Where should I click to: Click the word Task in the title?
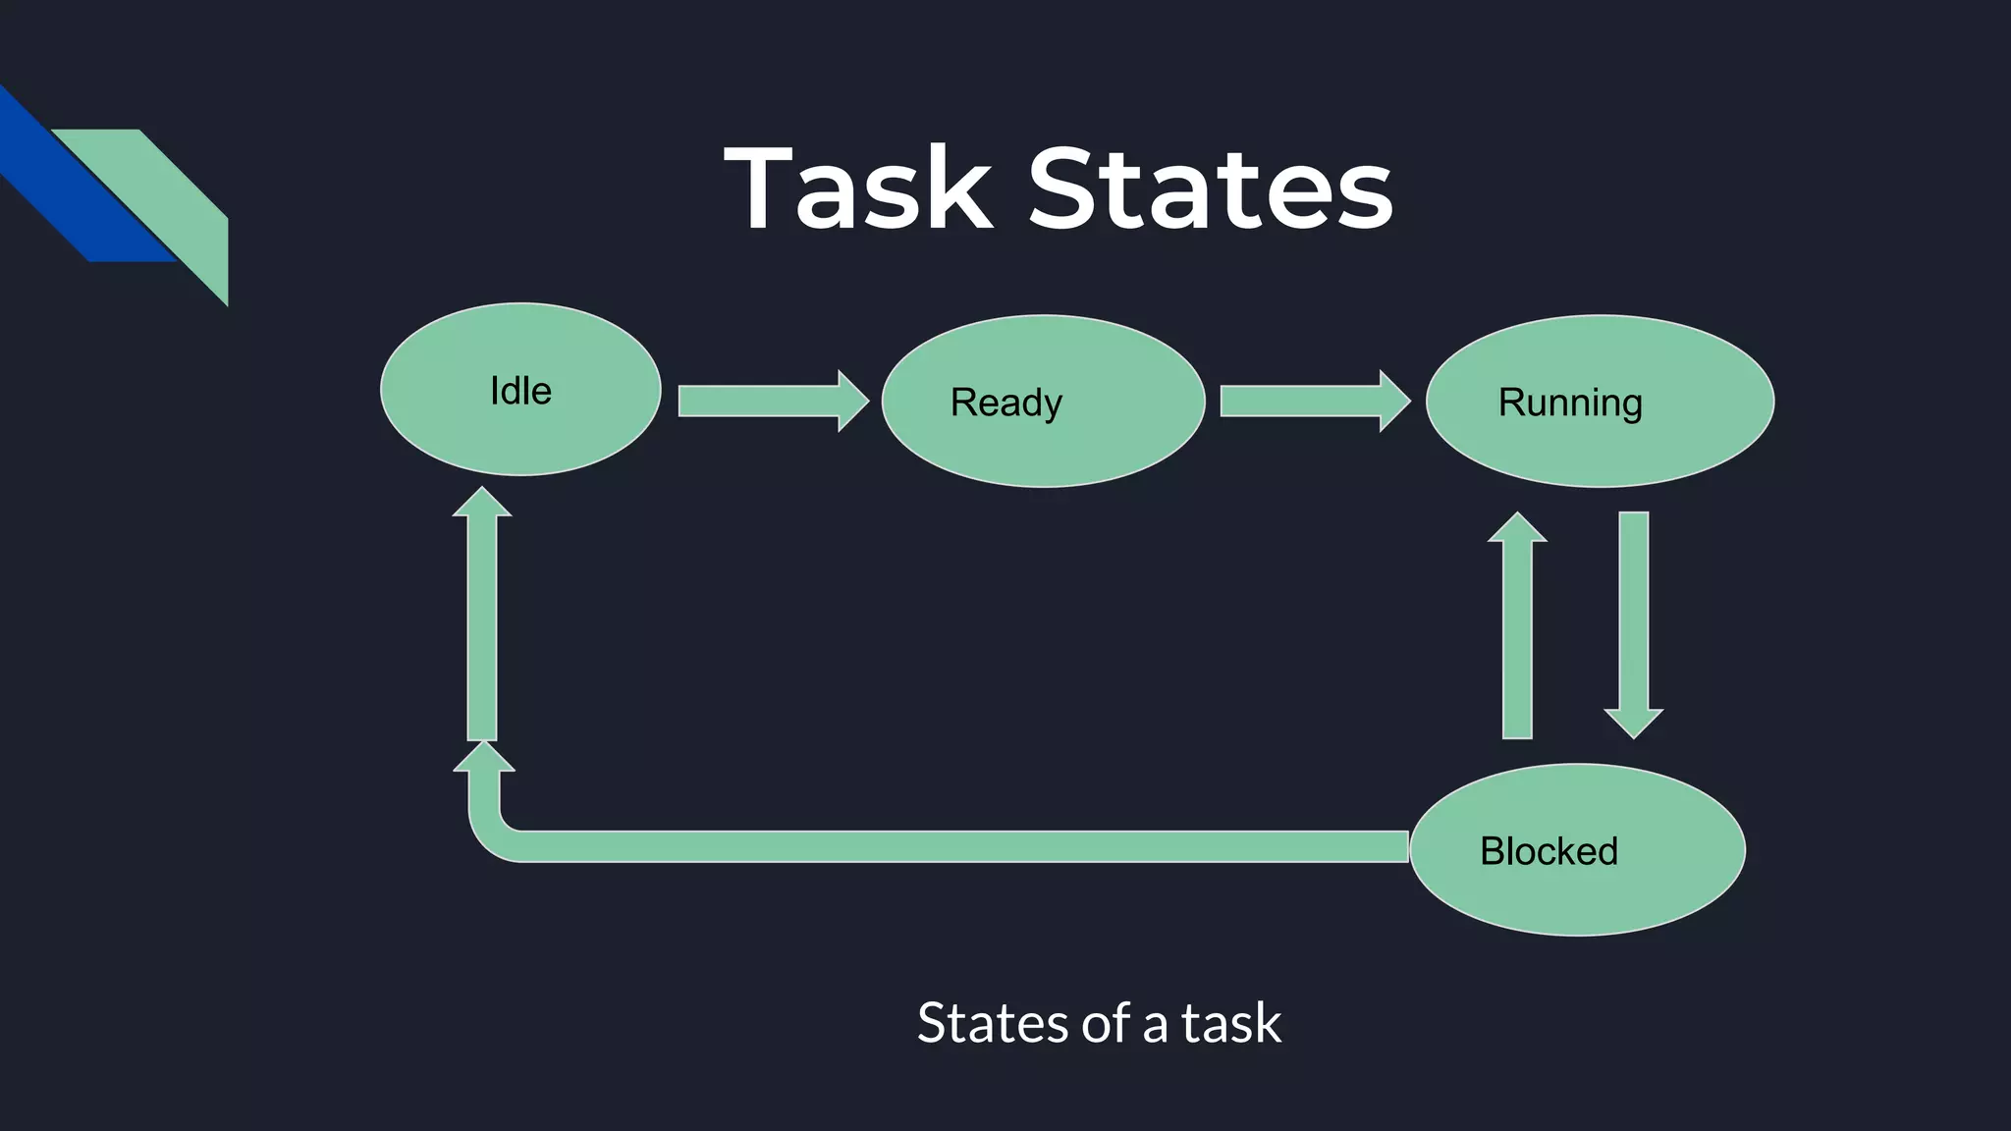point(858,188)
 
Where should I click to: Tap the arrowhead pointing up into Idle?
point(481,504)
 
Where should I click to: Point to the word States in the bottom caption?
point(992,1023)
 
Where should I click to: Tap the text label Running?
point(1569,403)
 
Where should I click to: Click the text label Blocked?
point(1549,851)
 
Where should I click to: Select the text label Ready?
point(1005,403)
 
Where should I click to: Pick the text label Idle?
point(520,391)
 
